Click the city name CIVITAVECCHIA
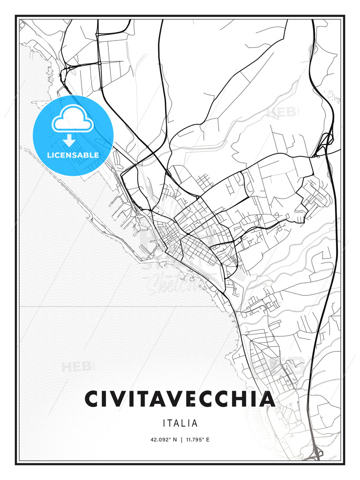(180, 399)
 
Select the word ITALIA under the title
(180, 423)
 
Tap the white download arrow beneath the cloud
(69, 141)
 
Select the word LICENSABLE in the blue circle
(73, 155)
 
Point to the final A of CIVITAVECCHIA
(266, 399)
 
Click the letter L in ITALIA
(185, 423)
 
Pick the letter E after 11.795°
(208, 440)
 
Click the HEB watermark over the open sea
(76, 367)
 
